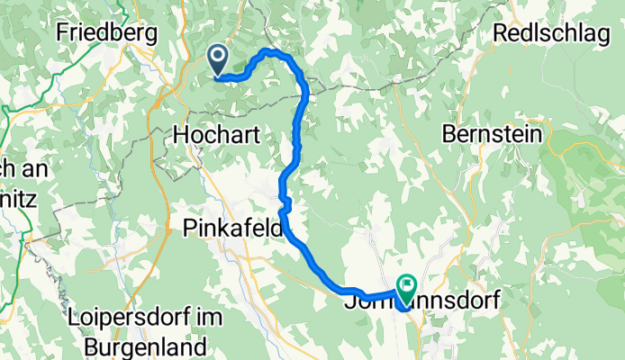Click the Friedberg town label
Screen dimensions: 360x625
tap(106, 33)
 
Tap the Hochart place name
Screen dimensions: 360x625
tap(216, 136)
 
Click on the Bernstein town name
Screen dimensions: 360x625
tap(493, 135)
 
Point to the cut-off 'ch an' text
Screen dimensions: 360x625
tap(19, 168)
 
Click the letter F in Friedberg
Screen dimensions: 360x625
tap(61, 33)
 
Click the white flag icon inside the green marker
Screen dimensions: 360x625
tap(406, 287)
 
